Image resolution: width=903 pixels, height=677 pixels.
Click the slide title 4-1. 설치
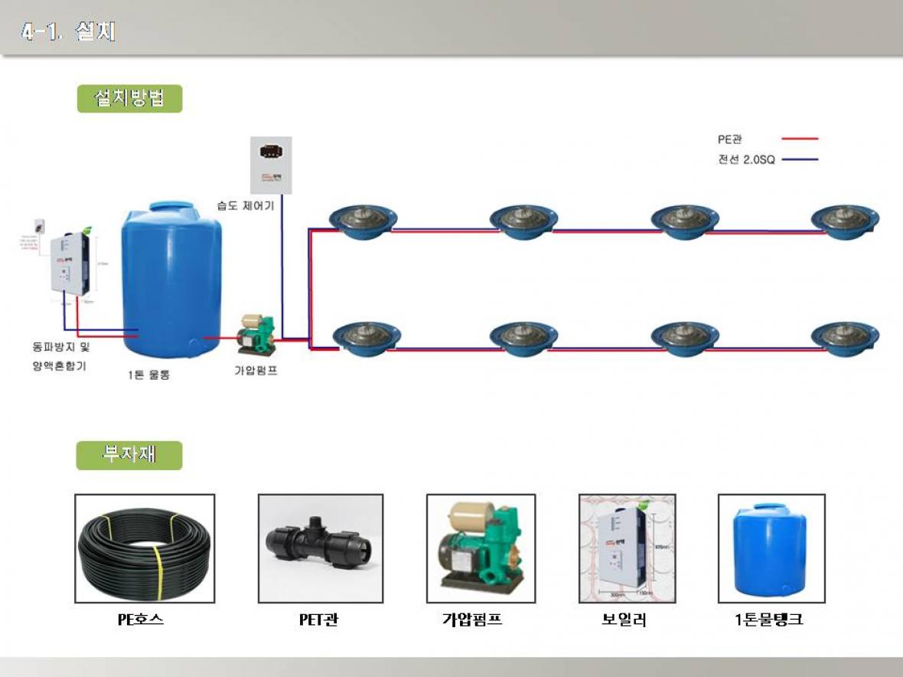69,32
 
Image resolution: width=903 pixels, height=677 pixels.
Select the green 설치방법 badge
129,99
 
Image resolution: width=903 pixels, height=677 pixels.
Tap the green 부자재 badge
129,455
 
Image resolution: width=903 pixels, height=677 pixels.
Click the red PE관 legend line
800,139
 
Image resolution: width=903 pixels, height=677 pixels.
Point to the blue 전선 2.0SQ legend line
800,160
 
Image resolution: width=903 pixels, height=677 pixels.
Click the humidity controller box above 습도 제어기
271,165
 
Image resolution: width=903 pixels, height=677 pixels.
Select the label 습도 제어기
245,205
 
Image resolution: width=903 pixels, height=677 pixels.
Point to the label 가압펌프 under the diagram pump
256,371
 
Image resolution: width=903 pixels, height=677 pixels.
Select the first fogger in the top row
363,220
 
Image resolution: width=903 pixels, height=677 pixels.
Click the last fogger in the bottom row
846,337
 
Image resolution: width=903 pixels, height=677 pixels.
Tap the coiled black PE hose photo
145,548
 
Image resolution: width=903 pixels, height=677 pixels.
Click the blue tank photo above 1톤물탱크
771,548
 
